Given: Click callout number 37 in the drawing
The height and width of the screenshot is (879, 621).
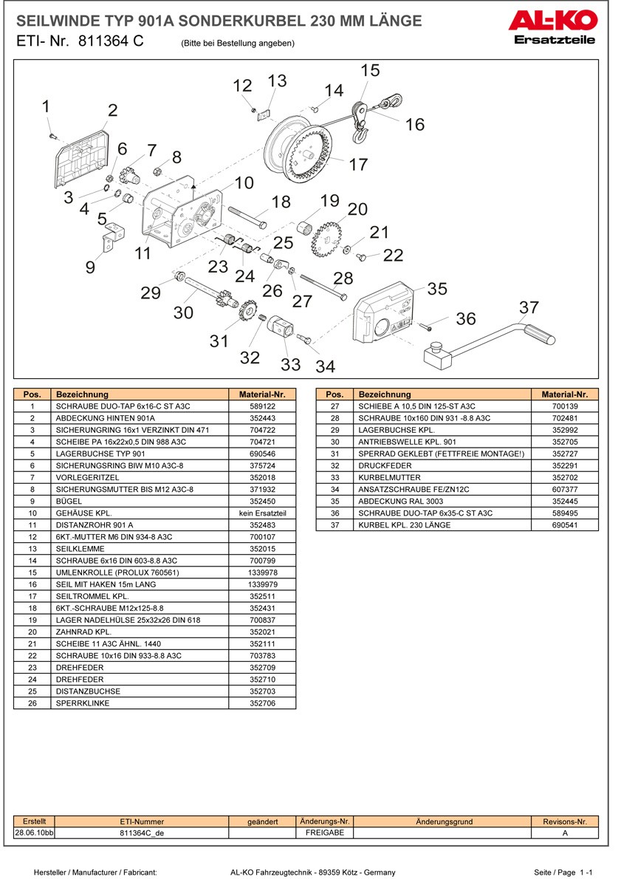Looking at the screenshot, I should pos(529,307).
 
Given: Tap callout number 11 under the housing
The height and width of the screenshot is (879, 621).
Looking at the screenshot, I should pos(143,253).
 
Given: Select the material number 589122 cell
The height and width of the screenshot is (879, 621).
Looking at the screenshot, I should pos(262,406).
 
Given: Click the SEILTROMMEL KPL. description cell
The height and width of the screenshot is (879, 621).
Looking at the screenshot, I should pos(140,596).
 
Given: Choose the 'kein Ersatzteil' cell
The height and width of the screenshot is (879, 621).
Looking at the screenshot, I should pos(262,513).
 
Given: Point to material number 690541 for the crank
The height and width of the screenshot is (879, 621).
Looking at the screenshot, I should pos(564,524).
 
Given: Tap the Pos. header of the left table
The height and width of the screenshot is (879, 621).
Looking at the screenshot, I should pos(32,394).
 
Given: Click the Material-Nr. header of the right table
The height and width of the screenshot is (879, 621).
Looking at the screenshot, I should pos(564,394).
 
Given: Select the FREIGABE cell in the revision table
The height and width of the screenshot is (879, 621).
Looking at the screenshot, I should pos(325,832).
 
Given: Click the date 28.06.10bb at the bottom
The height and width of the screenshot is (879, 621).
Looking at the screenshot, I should pos(35,832).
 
